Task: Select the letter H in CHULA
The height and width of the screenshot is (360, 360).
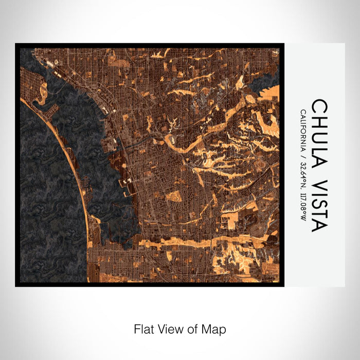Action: pyautogui.click(x=319, y=121)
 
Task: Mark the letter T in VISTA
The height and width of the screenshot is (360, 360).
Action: pyautogui.click(x=319, y=213)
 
